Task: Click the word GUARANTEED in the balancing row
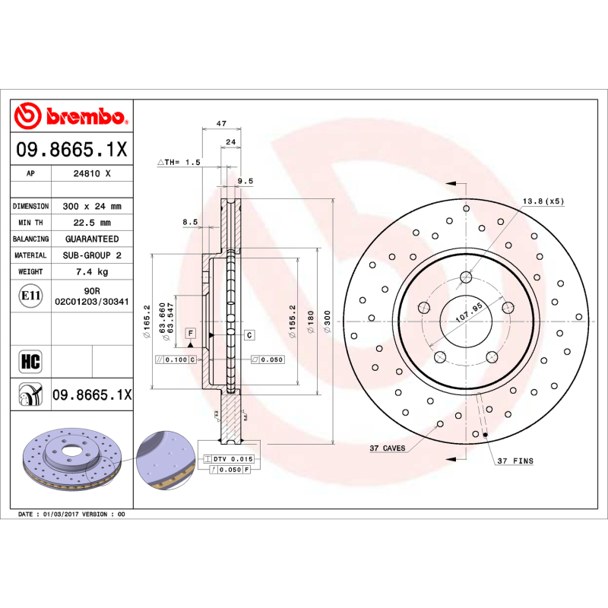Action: [92, 239]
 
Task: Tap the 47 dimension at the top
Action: [221, 123]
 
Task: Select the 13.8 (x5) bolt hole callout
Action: [543, 201]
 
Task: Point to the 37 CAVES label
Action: [387, 449]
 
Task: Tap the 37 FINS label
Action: [515, 461]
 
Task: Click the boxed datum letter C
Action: [249, 334]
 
